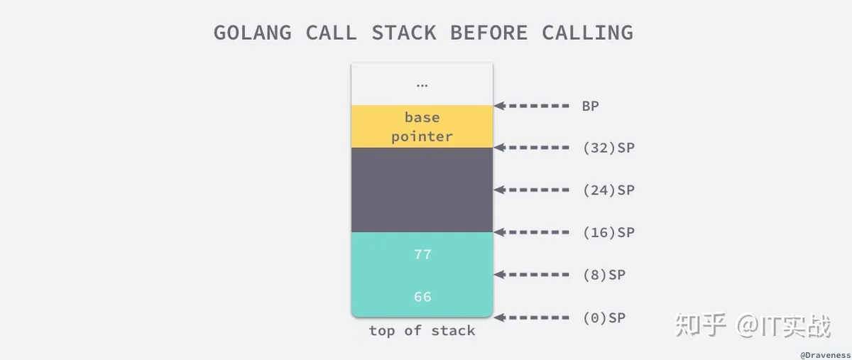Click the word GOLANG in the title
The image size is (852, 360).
point(253,33)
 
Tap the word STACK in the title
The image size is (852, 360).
point(403,33)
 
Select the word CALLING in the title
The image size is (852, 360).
point(588,33)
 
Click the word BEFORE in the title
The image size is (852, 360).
point(488,33)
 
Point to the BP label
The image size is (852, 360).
point(590,107)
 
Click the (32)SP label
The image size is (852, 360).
point(608,148)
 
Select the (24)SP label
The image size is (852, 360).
point(608,190)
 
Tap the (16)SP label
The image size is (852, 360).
point(608,232)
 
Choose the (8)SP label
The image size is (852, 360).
point(604,275)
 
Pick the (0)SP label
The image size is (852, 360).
point(604,318)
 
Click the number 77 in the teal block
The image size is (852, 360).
point(422,254)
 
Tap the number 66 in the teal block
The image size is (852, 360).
point(422,297)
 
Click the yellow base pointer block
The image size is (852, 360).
point(422,126)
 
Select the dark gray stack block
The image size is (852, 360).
point(422,190)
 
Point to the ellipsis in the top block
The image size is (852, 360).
point(422,86)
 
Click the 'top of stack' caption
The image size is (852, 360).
point(422,331)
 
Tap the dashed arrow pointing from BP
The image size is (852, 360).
point(531,106)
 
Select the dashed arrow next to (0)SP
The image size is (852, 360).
point(531,317)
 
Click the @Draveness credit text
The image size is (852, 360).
point(825,355)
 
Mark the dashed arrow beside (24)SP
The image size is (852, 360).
point(531,190)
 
